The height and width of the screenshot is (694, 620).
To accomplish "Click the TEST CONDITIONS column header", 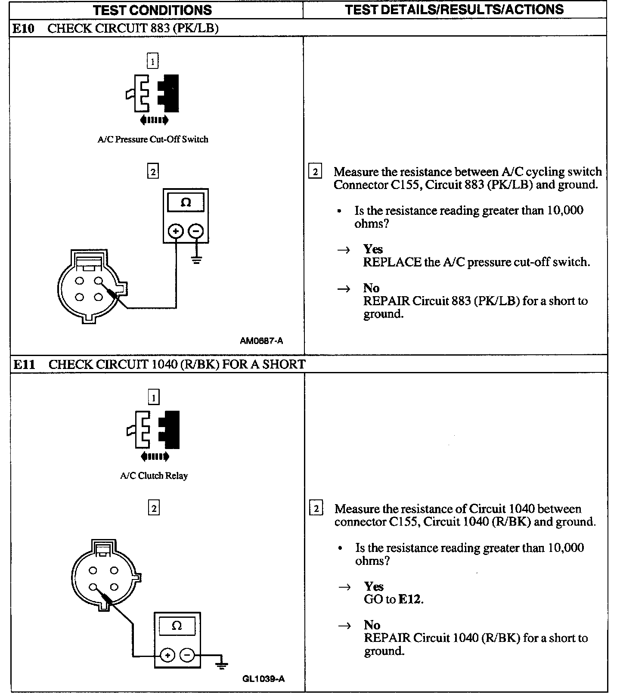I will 153,9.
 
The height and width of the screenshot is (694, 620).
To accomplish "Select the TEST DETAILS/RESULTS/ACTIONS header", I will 454,9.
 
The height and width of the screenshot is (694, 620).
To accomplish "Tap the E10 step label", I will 23,28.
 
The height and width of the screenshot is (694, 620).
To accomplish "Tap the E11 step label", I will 24,365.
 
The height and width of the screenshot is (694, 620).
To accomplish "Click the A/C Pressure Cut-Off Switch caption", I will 153,139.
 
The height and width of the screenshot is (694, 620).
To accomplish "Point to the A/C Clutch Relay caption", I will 154,476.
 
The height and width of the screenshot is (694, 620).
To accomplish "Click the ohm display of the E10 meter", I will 186,202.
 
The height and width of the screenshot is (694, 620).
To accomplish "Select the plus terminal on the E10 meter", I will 176,231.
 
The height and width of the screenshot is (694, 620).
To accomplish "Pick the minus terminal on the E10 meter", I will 196,231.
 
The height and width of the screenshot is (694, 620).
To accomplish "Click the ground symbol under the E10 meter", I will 197,259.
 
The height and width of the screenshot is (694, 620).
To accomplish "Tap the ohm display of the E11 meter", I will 177,626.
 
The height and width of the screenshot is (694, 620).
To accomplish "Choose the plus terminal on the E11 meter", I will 167,656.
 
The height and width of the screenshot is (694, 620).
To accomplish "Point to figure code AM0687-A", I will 261,341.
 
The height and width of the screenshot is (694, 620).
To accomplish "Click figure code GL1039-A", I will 263,679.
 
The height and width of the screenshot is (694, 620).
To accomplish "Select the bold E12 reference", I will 410,599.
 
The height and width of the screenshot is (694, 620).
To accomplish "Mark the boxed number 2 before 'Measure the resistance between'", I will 315,172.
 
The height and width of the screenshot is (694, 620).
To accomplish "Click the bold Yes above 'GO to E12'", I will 373,586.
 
